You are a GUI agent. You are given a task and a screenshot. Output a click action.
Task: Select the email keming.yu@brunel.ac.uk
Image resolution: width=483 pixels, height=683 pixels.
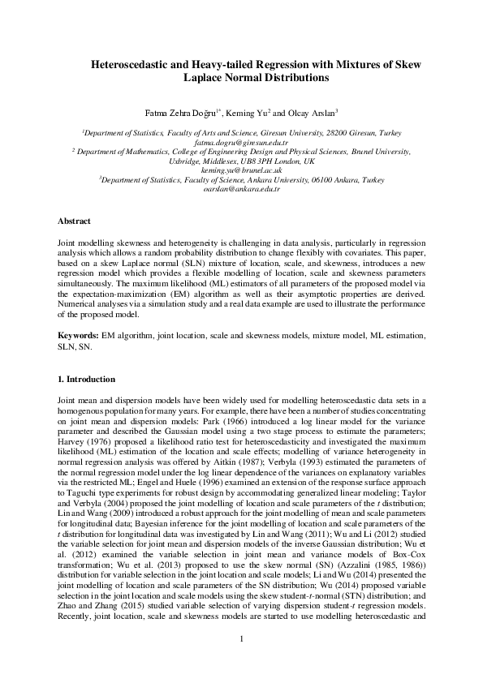[x=241, y=170]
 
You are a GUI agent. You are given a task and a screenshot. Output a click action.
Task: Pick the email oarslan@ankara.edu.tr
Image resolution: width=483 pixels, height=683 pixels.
[x=241, y=191]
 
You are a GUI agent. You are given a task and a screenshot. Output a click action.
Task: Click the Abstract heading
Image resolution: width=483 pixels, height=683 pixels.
[x=75, y=221]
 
